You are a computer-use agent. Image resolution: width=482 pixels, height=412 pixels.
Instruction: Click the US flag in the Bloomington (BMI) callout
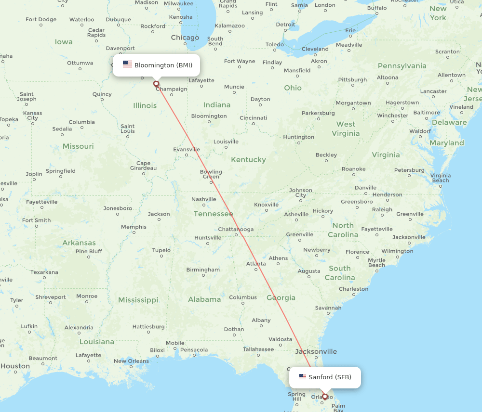(x=127, y=64)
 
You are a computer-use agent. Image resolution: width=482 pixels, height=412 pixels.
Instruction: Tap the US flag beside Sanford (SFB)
(x=303, y=377)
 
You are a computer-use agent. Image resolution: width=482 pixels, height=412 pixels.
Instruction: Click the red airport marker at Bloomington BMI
(x=156, y=84)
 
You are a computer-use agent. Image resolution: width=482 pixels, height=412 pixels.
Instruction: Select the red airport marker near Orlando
(x=325, y=397)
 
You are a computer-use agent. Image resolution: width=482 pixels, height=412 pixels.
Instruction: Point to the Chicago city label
(x=185, y=38)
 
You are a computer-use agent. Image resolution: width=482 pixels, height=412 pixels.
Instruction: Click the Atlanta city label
(x=256, y=264)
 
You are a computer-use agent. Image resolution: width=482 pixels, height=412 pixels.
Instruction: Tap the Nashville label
(x=204, y=199)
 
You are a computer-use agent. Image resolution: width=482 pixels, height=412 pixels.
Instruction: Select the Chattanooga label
(x=236, y=230)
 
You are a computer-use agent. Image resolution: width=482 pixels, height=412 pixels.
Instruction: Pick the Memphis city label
(x=134, y=227)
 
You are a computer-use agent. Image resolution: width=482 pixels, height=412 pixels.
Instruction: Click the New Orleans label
(x=131, y=361)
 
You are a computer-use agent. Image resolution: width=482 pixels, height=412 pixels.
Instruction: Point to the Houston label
(x=15, y=366)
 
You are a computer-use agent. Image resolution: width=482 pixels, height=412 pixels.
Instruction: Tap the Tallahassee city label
(x=258, y=349)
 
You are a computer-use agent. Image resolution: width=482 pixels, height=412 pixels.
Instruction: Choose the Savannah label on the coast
(x=328, y=308)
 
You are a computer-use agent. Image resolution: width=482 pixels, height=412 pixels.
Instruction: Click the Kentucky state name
(x=248, y=160)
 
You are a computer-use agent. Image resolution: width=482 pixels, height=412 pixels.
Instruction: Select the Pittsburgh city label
(x=353, y=80)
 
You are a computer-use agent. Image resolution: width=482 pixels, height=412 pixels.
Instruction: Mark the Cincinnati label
(x=253, y=118)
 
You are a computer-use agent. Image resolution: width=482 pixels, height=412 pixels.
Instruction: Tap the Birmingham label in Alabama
(x=203, y=270)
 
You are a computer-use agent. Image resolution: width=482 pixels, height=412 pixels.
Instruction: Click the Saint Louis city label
(x=128, y=129)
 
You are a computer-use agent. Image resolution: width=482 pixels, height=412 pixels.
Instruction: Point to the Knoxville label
(x=267, y=205)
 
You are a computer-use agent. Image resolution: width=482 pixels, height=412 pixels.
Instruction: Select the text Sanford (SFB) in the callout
(x=330, y=377)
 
